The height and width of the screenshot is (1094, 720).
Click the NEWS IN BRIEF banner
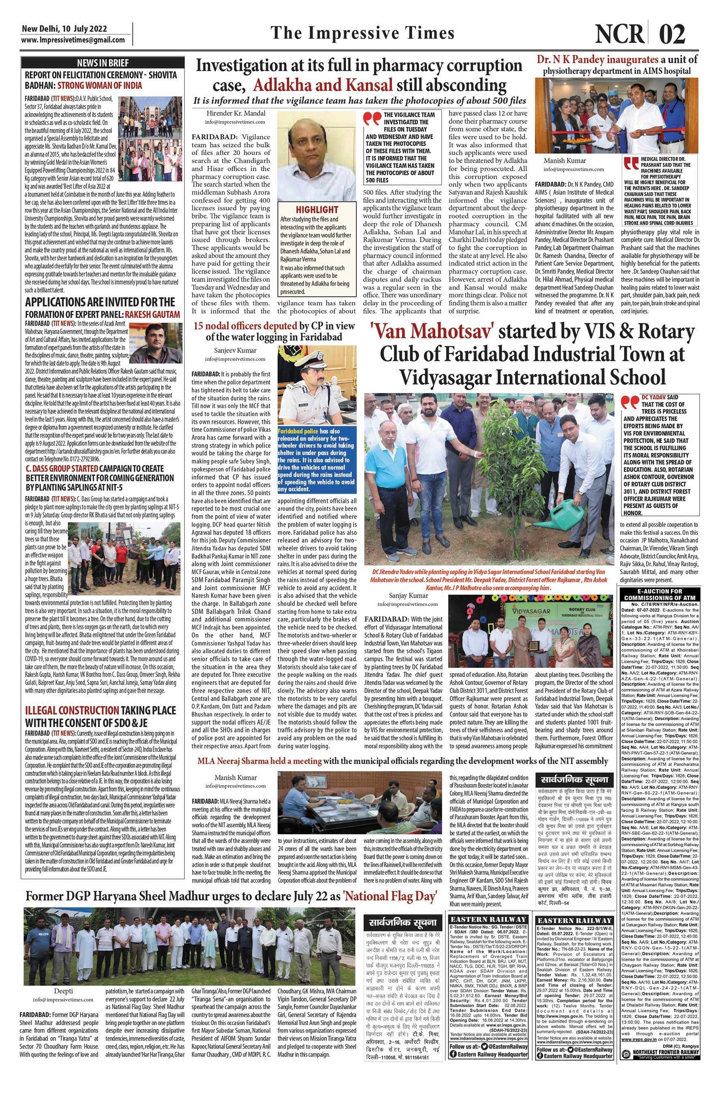coord(103,63)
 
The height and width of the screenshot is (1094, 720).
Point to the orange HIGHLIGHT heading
coord(317,209)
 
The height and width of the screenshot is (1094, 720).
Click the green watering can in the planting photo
coord(572,513)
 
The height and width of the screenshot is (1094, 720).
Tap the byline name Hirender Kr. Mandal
coord(235,113)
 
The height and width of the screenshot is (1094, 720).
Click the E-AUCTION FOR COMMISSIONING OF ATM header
coord(659,594)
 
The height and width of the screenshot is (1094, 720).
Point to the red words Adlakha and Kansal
coord(322,85)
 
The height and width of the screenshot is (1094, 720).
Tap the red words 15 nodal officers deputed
coord(245,326)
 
